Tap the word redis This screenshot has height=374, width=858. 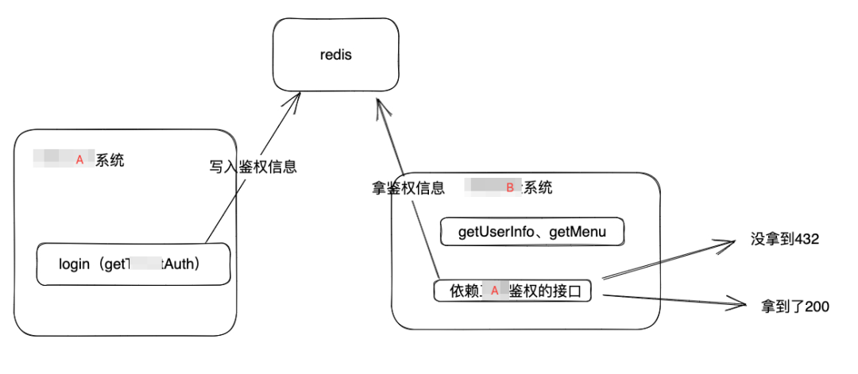coord(334,56)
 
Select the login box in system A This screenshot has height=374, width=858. coord(133,264)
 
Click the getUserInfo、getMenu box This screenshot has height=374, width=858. coord(532,233)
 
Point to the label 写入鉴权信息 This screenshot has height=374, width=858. coord(253,167)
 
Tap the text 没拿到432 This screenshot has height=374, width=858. coord(784,238)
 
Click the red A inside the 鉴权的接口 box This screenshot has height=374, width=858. coord(494,291)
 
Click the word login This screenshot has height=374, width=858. coord(75,264)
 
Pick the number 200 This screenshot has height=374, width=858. coord(817,307)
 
